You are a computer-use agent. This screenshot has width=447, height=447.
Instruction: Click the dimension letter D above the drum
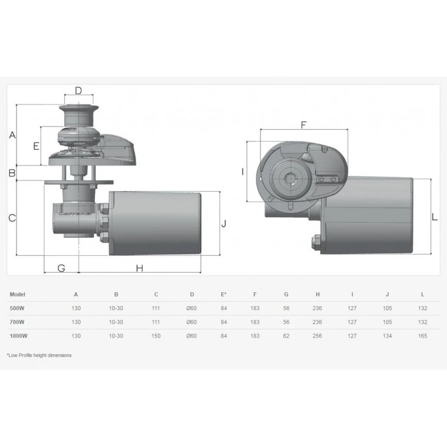pos(78,91)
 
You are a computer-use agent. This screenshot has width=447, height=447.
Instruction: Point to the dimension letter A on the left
pos(12,135)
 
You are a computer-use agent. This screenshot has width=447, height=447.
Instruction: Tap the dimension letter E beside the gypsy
pos(36,146)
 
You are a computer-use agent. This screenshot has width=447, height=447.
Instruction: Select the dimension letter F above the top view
pos(303,125)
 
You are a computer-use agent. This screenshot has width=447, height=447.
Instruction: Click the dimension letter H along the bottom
pos(139,268)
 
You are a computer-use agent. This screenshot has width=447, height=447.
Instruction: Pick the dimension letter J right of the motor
pos(224,223)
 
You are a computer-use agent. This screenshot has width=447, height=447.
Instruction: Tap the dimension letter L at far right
pos(435,217)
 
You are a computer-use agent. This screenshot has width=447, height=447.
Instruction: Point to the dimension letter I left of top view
pos(242,172)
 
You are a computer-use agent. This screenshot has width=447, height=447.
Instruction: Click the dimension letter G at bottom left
pos(61,268)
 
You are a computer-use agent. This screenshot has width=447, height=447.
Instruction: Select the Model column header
pos(17,294)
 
